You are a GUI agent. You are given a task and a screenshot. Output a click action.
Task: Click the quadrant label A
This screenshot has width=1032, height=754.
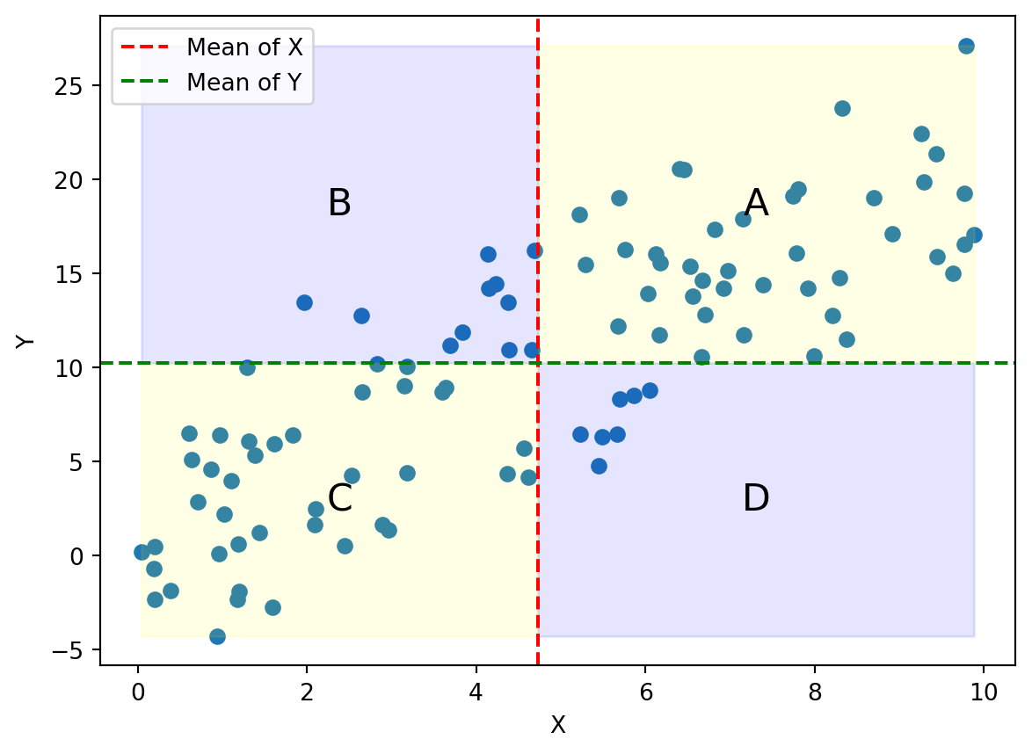point(756,204)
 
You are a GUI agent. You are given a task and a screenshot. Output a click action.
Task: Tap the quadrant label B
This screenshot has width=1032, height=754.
point(339,204)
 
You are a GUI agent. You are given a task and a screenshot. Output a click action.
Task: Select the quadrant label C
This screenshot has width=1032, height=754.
point(339,499)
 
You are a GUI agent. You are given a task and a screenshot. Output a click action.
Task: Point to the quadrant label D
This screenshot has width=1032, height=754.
point(756,499)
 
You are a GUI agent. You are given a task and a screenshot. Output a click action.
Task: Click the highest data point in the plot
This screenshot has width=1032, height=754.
point(966,47)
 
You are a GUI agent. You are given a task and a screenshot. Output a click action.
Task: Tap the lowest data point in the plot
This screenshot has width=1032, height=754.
point(217,636)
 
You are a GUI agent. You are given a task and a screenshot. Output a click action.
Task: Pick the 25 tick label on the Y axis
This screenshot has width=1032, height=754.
point(76,86)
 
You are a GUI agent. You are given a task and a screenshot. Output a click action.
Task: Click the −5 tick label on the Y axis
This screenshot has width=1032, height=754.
point(72,650)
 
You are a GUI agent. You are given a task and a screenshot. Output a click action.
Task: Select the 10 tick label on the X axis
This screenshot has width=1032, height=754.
point(984,692)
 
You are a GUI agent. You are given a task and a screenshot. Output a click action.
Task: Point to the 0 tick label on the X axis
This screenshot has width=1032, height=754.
point(138,692)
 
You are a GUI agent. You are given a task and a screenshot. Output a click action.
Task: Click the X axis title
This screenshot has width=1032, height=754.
point(557,726)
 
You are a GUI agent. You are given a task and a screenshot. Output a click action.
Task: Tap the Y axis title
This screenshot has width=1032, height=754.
point(26,339)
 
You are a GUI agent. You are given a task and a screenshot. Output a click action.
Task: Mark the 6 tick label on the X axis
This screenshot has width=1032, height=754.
point(645,692)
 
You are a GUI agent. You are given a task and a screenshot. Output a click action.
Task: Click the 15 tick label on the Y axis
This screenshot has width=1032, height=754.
point(76,274)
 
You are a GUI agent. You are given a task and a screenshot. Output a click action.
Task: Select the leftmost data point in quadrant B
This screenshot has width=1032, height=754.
point(304,302)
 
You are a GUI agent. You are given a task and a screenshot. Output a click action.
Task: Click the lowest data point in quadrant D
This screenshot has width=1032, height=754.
point(599,466)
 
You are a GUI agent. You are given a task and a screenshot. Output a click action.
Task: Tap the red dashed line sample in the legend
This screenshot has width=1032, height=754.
point(146,47)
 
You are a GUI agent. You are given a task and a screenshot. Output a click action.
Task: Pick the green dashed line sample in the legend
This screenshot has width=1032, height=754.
point(146,83)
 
